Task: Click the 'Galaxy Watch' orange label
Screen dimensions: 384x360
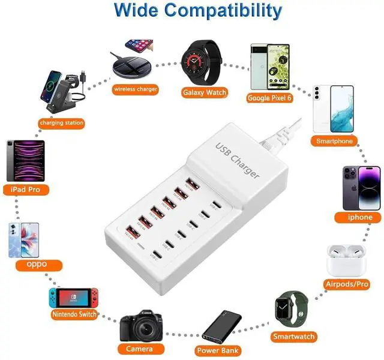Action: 204,92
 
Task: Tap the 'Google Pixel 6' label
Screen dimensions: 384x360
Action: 270,98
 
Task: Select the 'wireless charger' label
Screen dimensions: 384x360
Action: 136,89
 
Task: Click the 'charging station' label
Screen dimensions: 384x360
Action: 61,123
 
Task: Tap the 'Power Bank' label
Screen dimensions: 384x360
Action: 217,350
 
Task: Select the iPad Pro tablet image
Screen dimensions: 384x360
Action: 25,160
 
